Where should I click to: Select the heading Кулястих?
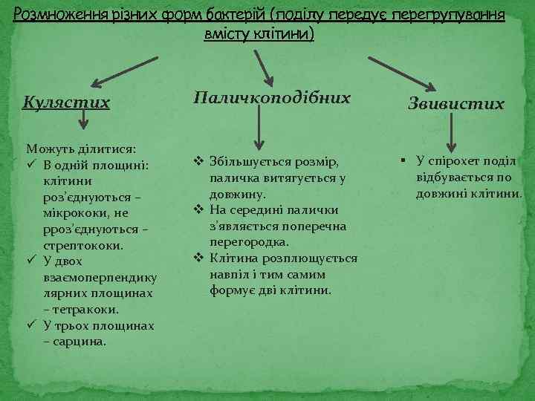66,102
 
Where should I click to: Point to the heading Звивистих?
456,105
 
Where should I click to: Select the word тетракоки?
81,310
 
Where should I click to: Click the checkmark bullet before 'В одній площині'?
30,165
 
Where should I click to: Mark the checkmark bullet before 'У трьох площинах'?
30,326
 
